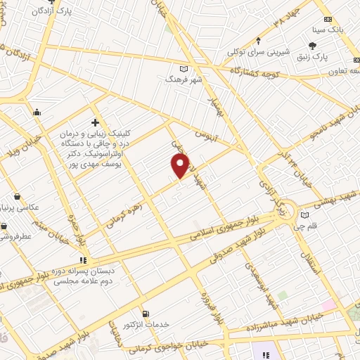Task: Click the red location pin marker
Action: click(181, 165)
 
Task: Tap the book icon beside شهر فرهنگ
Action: click(184, 68)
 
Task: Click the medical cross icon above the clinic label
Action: click(95, 122)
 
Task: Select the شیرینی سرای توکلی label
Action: click(258, 52)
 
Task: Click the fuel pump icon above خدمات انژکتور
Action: click(146, 314)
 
